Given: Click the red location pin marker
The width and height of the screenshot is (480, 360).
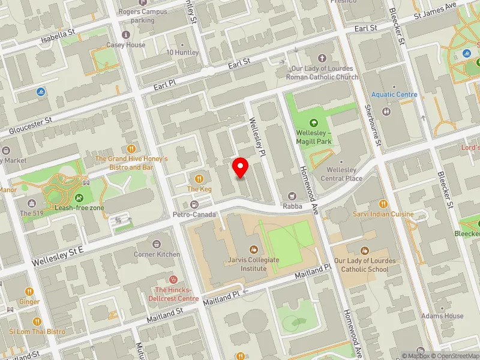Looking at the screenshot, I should [x=240, y=167].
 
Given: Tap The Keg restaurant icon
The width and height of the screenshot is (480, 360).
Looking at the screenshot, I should [x=199, y=178].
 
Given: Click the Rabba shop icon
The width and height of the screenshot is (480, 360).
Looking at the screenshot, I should [x=292, y=196].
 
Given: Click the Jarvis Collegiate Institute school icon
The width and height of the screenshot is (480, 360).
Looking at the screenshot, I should [x=253, y=250].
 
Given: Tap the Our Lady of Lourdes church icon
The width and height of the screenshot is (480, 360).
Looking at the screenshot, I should [x=322, y=58].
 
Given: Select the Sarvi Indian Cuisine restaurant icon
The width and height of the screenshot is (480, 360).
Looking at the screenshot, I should [x=383, y=204].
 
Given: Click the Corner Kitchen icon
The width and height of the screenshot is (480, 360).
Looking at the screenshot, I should [x=157, y=244].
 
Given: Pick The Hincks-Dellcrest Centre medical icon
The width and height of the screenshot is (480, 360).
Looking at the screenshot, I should [x=174, y=279].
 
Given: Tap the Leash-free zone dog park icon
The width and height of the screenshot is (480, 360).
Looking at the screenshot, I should [x=79, y=198].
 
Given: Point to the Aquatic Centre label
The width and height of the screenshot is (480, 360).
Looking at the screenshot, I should [x=394, y=95].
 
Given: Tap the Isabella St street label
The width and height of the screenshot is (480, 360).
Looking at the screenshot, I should [x=58, y=37].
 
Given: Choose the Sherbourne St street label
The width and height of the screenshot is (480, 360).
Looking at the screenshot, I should [x=373, y=125].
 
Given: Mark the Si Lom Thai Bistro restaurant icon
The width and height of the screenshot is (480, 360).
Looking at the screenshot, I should [x=37, y=322].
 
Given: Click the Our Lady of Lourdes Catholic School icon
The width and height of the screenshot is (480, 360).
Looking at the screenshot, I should [x=364, y=250].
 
